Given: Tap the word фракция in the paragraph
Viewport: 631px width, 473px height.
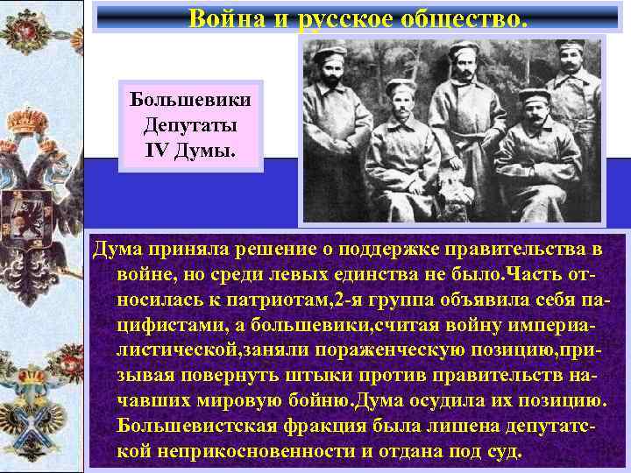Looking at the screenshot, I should [x=333, y=427].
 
